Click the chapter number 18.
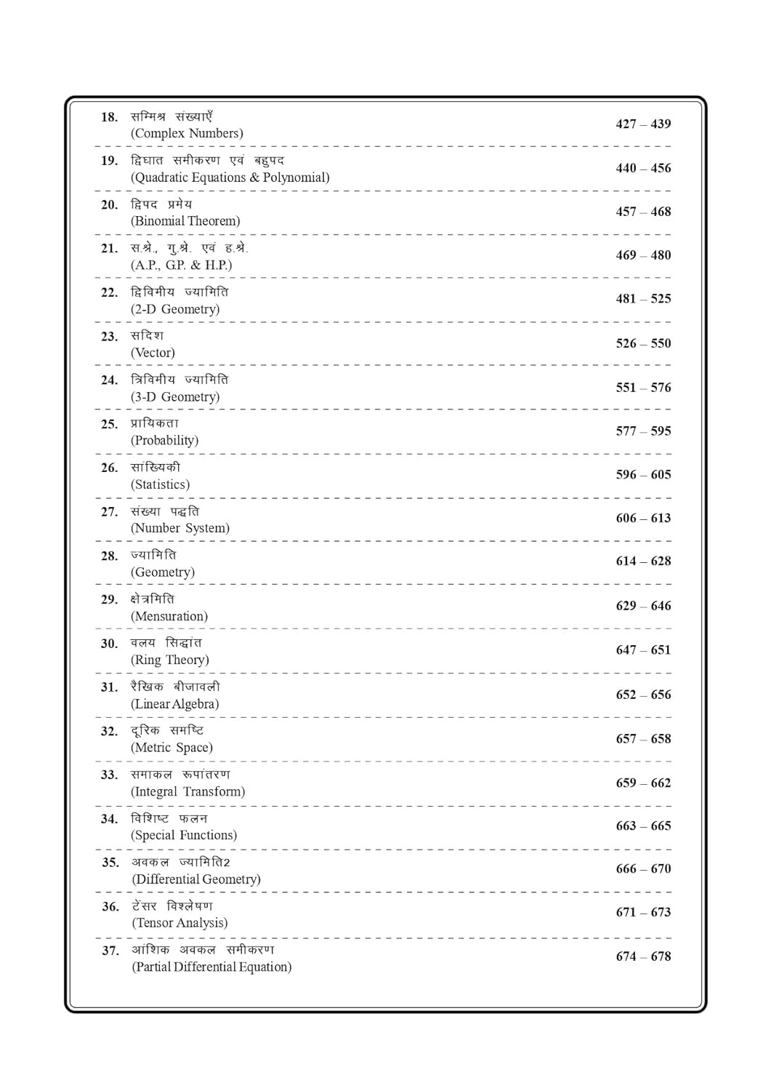pyautogui.click(x=109, y=117)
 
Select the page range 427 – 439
pyautogui.click(x=643, y=124)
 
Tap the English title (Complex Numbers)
pyautogui.click(x=187, y=133)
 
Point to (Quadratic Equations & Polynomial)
pyautogui.click(x=230, y=177)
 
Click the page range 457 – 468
pyautogui.click(x=643, y=212)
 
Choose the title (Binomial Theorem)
pyautogui.click(x=185, y=221)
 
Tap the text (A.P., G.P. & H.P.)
pyautogui.click(x=182, y=265)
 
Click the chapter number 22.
pyautogui.click(x=109, y=292)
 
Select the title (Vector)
pyautogui.click(x=153, y=353)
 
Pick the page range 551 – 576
pyautogui.click(x=643, y=388)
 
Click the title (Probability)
pyautogui.click(x=164, y=440)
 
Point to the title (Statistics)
pyautogui.click(x=160, y=484)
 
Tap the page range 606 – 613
pyautogui.click(x=643, y=518)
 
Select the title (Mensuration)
pyautogui.click(x=169, y=616)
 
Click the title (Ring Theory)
pyautogui.click(x=170, y=660)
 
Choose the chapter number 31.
pyautogui.click(x=109, y=687)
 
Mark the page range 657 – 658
pyautogui.click(x=643, y=739)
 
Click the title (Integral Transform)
pyautogui.click(x=187, y=791)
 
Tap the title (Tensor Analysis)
pyautogui.click(x=179, y=923)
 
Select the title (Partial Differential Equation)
pyautogui.click(x=211, y=967)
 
